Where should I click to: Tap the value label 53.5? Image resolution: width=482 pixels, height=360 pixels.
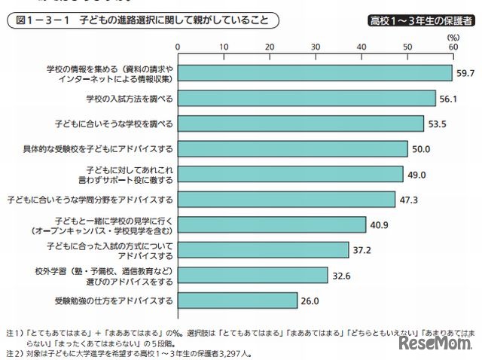(x=437, y=124)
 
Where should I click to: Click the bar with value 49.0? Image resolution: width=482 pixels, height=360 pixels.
(x=290, y=174)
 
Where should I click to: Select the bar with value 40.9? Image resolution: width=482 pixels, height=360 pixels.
(x=271, y=224)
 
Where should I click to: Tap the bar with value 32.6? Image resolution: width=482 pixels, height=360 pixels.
(x=252, y=275)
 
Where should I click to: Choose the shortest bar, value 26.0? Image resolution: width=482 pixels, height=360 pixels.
(x=237, y=301)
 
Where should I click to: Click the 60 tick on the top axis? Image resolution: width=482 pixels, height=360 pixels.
(x=453, y=47)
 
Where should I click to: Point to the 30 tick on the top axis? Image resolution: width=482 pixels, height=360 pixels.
(x=316, y=47)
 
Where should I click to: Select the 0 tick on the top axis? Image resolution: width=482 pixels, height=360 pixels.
(x=178, y=47)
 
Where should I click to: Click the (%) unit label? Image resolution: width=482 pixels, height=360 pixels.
(x=452, y=35)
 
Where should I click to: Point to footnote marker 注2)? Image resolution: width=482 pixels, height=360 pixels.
(x=14, y=351)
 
